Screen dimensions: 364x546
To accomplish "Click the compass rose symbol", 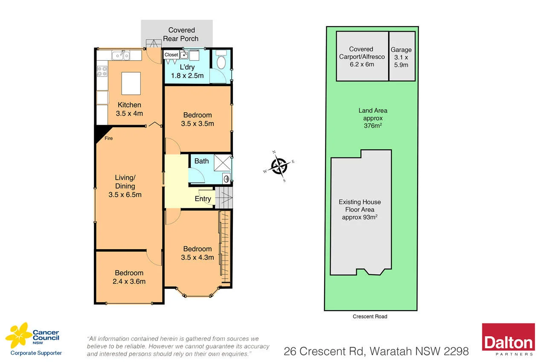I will [279, 166].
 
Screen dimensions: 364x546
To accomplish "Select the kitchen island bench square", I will [131, 83].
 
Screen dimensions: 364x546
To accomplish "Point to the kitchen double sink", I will [121, 55].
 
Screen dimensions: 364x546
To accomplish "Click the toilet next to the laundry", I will [221, 61].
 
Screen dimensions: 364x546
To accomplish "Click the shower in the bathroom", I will [222, 163].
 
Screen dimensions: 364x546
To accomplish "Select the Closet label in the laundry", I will [171, 55].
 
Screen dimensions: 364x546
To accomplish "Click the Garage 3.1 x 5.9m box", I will [402, 56].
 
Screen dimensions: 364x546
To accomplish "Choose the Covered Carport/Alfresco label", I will [361, 57].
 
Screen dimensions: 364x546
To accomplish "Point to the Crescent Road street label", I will [370, 317].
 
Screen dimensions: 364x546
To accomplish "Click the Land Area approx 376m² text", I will [373, 118].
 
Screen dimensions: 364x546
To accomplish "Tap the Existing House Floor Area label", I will [360, 210].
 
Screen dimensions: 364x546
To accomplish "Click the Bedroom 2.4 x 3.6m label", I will [129, 277].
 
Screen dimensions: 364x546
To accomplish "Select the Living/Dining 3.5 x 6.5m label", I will [125, 186].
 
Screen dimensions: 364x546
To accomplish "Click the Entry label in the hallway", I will [203, 199].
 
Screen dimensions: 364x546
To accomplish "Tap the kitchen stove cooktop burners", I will [102, 71].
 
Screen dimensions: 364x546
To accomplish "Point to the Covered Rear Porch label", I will [181, 34].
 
